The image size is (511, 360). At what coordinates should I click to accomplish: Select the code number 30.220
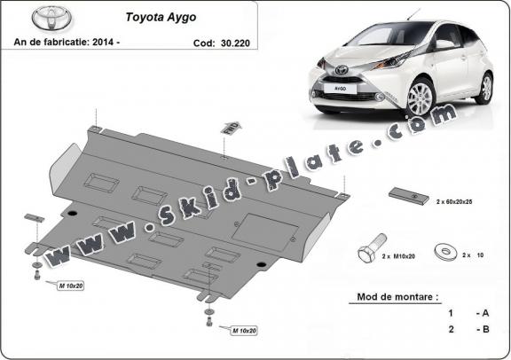[x=236, y=42]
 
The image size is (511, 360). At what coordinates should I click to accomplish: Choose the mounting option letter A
[x=485, y=313]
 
